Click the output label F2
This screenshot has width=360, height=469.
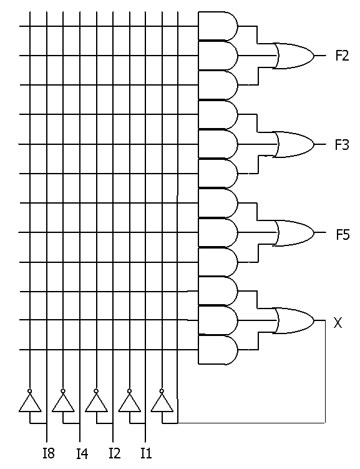(342, 56)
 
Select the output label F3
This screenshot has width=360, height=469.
(342, 145)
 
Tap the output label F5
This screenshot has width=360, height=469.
(343, 235)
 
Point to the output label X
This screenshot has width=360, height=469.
(338, 323)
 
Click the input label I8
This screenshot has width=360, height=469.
(49, 453)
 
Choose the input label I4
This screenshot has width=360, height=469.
(82, 453)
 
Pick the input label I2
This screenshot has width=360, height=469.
(115, 453)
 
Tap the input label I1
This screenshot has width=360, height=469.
(147, 453)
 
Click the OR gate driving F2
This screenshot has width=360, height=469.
(294, 56)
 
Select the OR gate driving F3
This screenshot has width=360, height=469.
(294, 144)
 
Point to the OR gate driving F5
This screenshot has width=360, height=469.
(294, 233)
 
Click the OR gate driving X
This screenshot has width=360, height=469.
(294, 320)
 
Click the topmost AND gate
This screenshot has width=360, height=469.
(218, 26)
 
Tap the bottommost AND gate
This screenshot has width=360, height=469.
(218, 350)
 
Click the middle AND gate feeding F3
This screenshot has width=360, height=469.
(218, 144)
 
